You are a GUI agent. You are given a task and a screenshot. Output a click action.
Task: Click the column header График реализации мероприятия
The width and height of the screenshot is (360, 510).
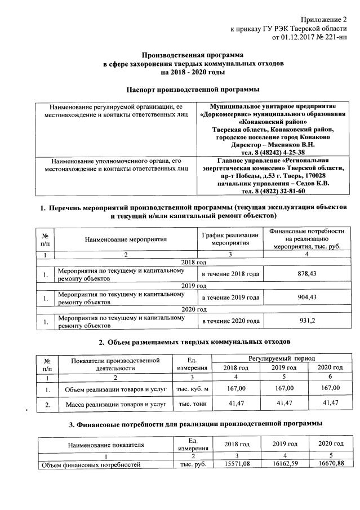pyautogui.click(x=230, y=239)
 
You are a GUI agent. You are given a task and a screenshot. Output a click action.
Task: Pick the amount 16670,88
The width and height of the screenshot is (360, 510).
pyautogui.click(x=330, y=465)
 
